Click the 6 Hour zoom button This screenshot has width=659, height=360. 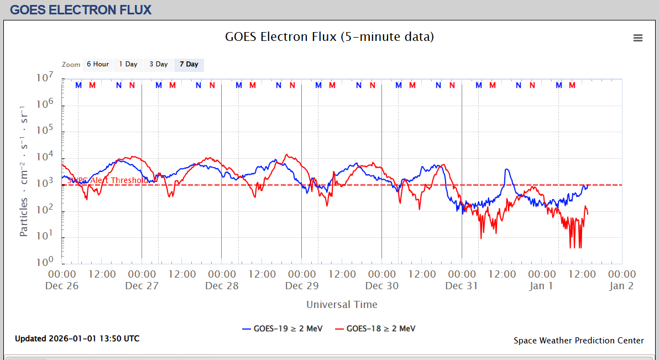[x=98, y=64]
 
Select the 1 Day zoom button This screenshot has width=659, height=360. [x=128, y=64]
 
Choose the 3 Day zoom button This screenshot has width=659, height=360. [x=159, y=64]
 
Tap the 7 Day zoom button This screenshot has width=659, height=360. [x=189, y=64]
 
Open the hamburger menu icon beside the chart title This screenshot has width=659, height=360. [x=638, y=38]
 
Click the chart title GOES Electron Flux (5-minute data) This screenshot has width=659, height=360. [x=329, y=37]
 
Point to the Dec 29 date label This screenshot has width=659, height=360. [x=302, y=286]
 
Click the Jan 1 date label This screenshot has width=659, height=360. [x=541, y=286]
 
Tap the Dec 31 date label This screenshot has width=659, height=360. [x=462, y=286]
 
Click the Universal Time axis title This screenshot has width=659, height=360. [x=342, y=304]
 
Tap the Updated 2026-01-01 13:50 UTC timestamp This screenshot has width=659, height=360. [x=77, y=338]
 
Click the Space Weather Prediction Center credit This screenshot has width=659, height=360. [x=578, y=341]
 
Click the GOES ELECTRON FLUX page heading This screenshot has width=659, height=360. [x=81, y=10]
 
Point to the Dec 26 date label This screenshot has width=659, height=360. [x=62, y=286]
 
